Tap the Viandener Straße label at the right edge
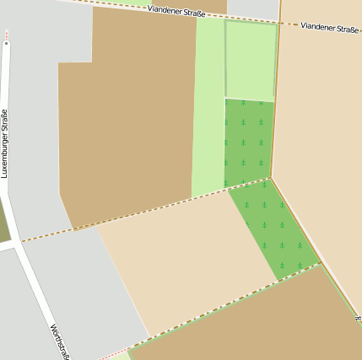click(330, 29)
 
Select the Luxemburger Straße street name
click(5, 143)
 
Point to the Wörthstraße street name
click(59, 342)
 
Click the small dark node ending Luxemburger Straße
click(7, 41)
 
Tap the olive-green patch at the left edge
click(4, 223)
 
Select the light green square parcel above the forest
click(251, 61)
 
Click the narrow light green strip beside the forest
click(208, 110)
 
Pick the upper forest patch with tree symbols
click(247, 139)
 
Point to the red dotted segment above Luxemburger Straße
click(7, 35)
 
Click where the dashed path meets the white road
click(19, 242)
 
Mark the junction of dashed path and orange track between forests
click(270, 177)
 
